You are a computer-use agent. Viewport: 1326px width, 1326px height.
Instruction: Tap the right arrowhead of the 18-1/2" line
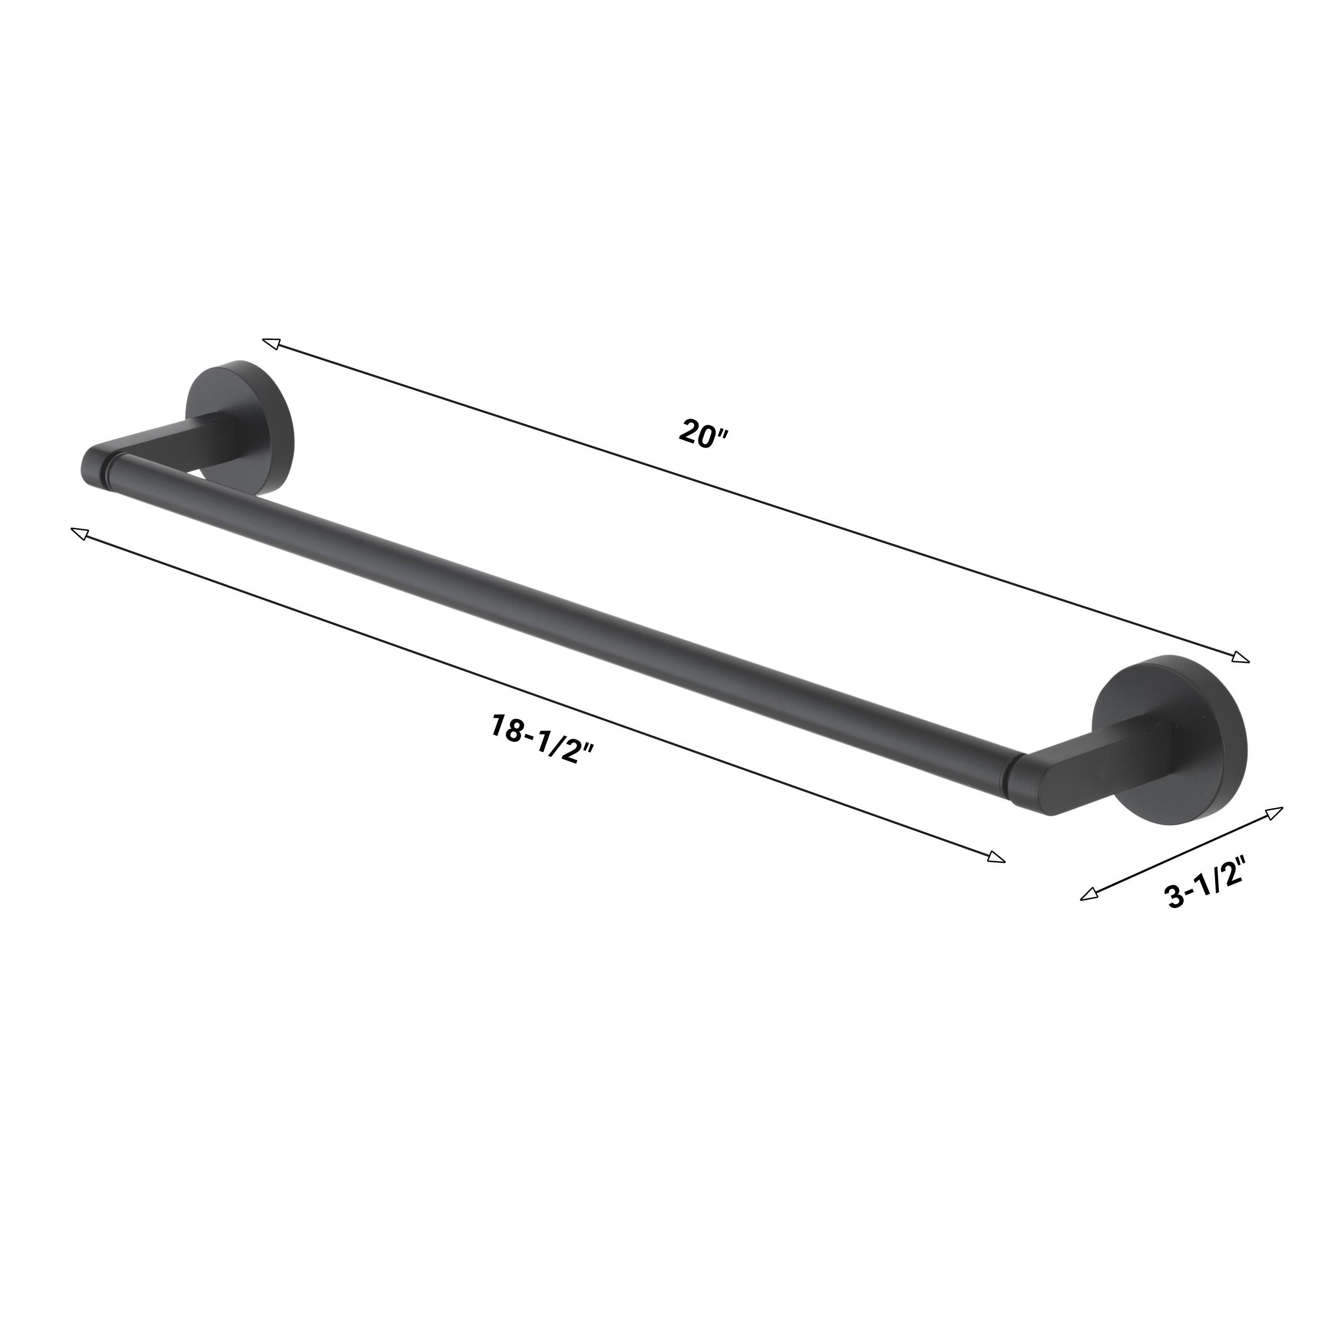(x=996, y=857)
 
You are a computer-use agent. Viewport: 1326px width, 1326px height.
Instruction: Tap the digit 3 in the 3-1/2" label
(x=1175, y=897)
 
